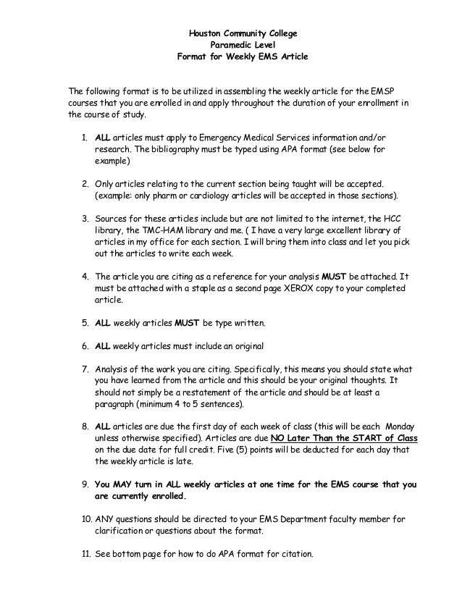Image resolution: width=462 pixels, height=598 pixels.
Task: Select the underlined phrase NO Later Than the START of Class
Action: pos(342,439)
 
